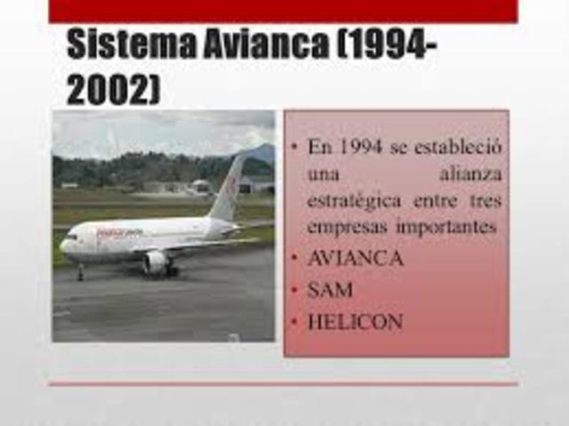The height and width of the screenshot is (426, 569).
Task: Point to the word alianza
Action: pyautogui.click(x=470, y=173)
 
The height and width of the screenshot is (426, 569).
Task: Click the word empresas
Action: pyautogui.click(x=341, y=228)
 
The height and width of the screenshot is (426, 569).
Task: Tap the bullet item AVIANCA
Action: pyautogui.click(x=356, y=260)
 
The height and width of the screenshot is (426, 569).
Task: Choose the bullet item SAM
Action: pyautogui.click(x=330, y=290)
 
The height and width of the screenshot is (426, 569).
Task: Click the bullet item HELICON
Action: pyautogui.click(x=355, y=321)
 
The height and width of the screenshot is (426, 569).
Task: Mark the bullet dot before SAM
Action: pyautogui.click(x=295, y=290)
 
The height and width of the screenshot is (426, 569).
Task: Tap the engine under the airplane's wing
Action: pyautogui.click(x=156, y=261)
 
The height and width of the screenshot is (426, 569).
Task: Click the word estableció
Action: pyautogui.click(x=454, y=147)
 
